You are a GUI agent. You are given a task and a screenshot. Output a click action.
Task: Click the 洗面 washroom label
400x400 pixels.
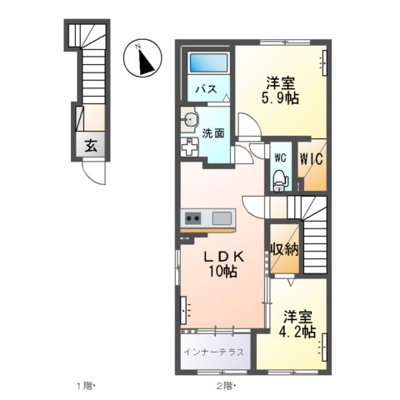[x=213, y=132]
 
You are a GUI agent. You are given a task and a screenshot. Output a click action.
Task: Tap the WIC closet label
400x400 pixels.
[x=312, y=156]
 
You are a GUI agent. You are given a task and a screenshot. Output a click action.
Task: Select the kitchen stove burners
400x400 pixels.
[x=192, y=219]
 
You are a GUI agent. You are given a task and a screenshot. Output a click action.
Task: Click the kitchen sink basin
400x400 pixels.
[x=222, y=218]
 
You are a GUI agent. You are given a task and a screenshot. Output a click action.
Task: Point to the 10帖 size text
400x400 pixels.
[x=223, y=272]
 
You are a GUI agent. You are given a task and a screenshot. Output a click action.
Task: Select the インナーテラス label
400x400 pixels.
[x=214, y=351]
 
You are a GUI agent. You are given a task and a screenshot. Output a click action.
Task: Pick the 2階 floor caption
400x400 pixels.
[x=225, y=386]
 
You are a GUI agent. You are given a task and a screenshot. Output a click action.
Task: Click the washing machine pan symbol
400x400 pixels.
[x=190, y=147]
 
